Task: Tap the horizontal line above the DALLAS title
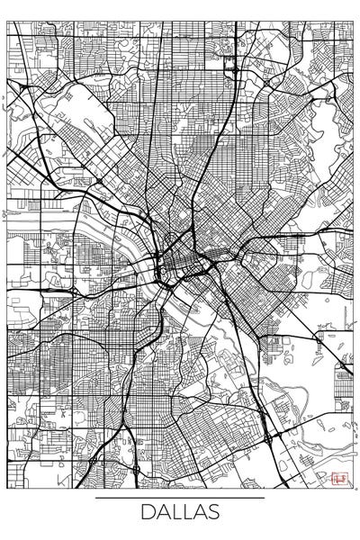point(180,497)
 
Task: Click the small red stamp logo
point(339,479)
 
